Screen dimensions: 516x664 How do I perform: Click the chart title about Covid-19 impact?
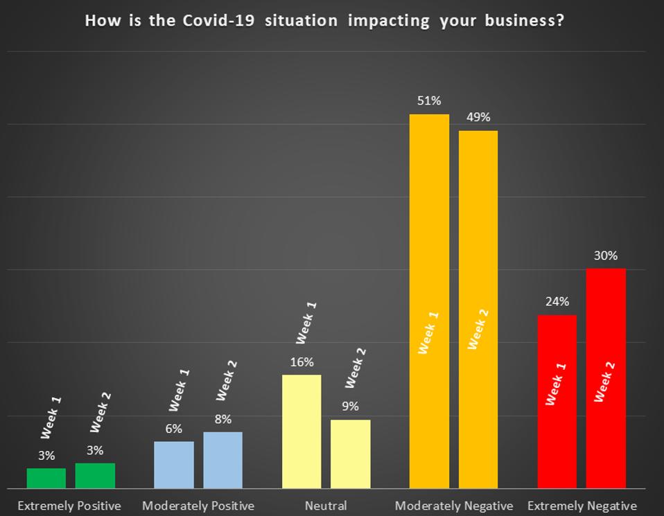(x=324, y=20)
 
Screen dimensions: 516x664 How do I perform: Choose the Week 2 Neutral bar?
(x=351, y=454)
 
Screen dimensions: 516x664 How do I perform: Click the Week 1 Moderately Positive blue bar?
(x=173, y=465)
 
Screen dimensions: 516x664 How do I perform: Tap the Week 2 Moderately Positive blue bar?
(x=222, y=460)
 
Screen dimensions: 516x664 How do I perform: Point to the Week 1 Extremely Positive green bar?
(x=46, y=478)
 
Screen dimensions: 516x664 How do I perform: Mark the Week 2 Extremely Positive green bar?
(x=95, y=476)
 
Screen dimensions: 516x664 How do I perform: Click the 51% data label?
(x=429, y=101)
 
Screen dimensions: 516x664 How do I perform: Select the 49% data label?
(x=478, y=118)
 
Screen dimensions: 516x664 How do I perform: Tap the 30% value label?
(x=606, y=256)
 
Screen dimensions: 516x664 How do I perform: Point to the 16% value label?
(x=302, y=362)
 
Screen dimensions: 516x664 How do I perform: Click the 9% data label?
(x=351, y=407)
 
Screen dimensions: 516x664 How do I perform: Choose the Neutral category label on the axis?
(x=326, y=506)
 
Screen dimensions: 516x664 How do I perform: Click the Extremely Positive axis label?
(x=69, y=506)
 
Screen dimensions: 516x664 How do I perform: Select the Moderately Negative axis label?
(x=454, y=506)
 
